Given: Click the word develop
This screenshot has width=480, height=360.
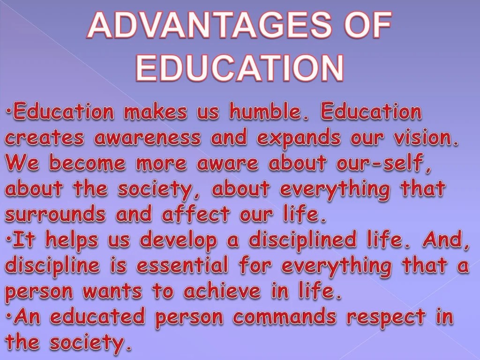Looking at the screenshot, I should point(179,241).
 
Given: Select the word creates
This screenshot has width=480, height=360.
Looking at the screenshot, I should point(45,138).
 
